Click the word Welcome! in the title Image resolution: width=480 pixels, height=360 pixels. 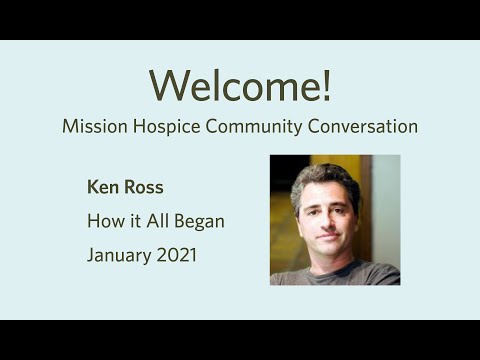(x=240, y=86)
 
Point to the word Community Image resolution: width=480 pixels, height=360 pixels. (x=250, y=128)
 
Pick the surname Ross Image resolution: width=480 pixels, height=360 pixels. (x=142, y=186)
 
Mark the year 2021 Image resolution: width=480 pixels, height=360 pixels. (x=176, y=255)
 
